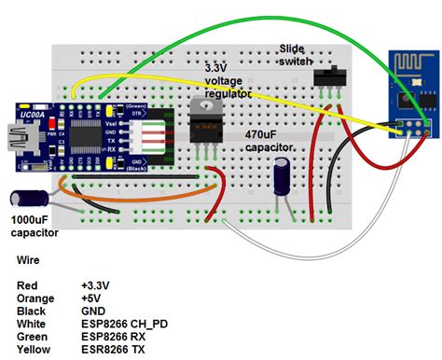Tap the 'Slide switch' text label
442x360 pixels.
296,54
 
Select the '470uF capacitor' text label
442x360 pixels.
271,141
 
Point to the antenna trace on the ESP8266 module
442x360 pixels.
410,67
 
